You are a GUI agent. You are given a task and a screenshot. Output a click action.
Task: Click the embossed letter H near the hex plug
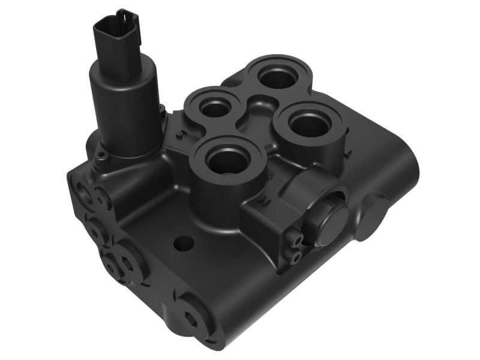tap(263, 203)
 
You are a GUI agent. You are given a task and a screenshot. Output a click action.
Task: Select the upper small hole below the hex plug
tap(293, 239)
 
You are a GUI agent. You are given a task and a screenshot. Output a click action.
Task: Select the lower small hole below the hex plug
tap(293, 256)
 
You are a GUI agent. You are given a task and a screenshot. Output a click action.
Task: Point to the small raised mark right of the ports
tap(347, 154)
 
